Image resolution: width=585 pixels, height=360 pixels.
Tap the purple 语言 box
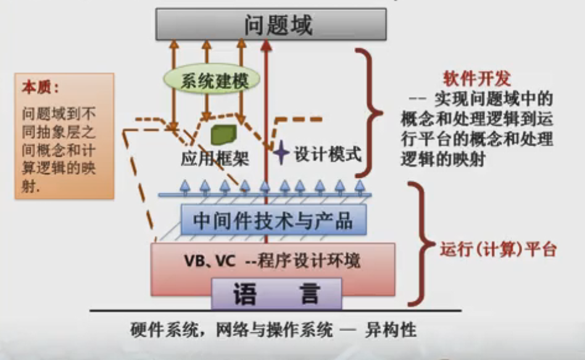pos(276,293)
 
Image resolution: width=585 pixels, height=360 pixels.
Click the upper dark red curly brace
pos(370,111)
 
